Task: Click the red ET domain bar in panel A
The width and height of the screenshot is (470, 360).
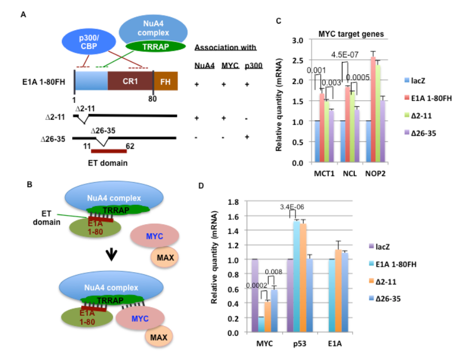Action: point(108,150)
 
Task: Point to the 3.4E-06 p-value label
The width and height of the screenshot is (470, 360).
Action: point(292,206)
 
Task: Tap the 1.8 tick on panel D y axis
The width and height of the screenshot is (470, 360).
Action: point(233,202)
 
